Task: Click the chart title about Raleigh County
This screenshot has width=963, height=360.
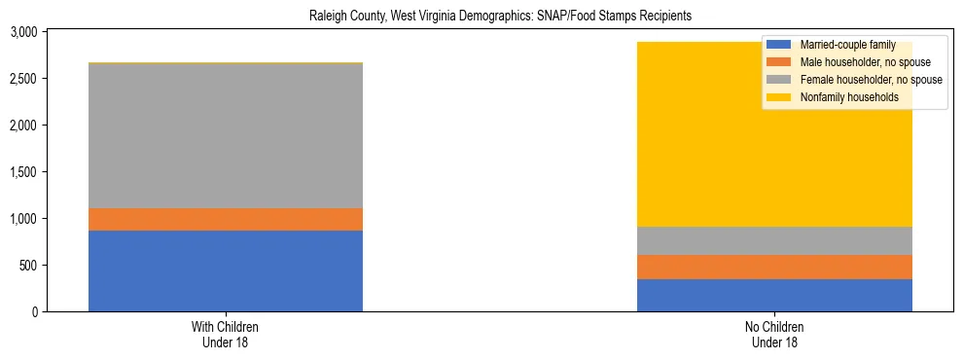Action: tap(500, 17)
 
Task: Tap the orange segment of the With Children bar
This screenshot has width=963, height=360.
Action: tap(225, 219)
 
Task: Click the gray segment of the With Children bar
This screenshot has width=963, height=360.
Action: tap(225, 135)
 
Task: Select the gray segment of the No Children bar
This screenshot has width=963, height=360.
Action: tap(774, 240)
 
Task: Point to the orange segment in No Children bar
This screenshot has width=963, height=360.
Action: tap(774, 267)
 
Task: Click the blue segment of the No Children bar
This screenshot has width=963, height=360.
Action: tap(774, 295)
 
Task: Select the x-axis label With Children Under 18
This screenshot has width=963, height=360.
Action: tap(226, 335)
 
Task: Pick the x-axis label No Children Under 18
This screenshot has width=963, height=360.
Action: tap(774, 335)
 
